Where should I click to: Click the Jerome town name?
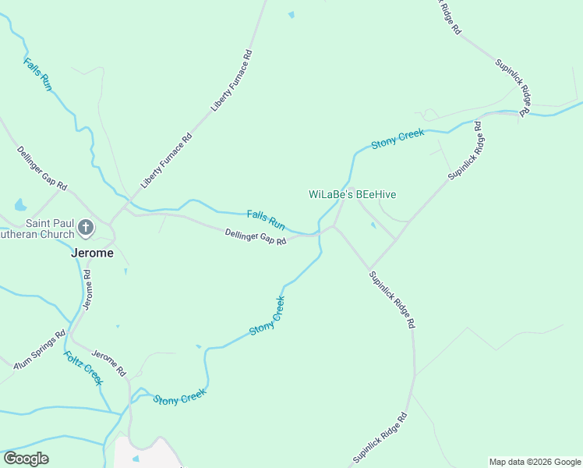point(92,253)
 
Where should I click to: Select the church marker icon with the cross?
point(86,229)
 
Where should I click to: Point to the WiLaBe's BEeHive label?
point(352,194)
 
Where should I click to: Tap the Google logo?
point(26,459)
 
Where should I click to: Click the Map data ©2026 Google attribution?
point(535,462)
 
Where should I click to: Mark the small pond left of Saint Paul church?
point(20,206)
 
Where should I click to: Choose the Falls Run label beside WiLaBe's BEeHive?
point(266,218)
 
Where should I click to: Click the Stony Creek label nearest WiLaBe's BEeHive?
point(397,139)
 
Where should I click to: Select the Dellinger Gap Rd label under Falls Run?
point(256,236)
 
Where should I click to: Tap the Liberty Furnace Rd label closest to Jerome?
point(166,161)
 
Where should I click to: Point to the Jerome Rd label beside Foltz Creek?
point(109,362)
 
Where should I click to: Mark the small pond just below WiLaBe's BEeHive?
point(373,225)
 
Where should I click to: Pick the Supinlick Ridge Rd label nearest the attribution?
point(380,438)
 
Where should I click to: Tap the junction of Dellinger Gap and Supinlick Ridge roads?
point(334,227)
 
